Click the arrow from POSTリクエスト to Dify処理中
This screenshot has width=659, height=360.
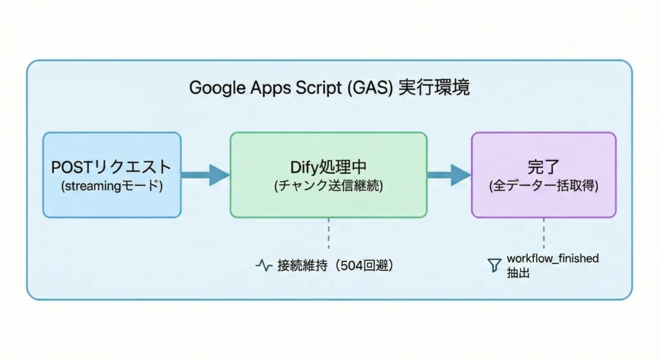tap(205, 174)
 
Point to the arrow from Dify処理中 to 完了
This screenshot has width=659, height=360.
tap(449, 174)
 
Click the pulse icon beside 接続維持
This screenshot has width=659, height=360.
tap(263, 265)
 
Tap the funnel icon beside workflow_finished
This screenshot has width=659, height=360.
tap(494, 264)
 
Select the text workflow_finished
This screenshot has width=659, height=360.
tap(552, 258)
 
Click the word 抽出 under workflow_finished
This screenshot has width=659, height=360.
tap(517, 272)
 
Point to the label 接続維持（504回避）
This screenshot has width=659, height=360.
tap(335, 265)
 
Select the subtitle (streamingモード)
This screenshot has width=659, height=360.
tap(111, 186)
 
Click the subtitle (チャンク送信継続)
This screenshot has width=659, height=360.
tap(328, 186)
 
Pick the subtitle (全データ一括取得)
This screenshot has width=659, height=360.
tap(543, 186)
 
